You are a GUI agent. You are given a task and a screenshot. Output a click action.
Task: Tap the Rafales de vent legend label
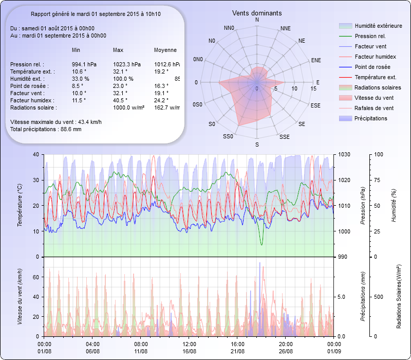point(374,108)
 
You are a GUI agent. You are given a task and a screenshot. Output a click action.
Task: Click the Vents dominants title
point(257,13)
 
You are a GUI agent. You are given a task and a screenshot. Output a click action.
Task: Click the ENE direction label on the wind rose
point(316,60)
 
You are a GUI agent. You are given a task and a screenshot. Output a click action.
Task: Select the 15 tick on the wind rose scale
point(313,88)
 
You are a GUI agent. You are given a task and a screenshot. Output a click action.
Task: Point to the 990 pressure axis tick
point(342,257)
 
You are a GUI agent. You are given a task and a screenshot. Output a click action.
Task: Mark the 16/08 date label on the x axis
point(189,351)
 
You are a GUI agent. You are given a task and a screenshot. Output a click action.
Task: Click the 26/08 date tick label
point(286,351)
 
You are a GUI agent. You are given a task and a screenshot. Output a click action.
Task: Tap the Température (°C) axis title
point(20,206)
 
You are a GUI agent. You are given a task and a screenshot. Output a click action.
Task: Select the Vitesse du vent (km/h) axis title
point(20,296)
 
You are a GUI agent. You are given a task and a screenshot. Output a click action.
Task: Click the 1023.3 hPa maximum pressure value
point(126,64)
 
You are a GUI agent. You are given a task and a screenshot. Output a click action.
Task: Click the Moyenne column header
point(165,50)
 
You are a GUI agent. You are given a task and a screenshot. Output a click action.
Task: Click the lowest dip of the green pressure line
point(261,245)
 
